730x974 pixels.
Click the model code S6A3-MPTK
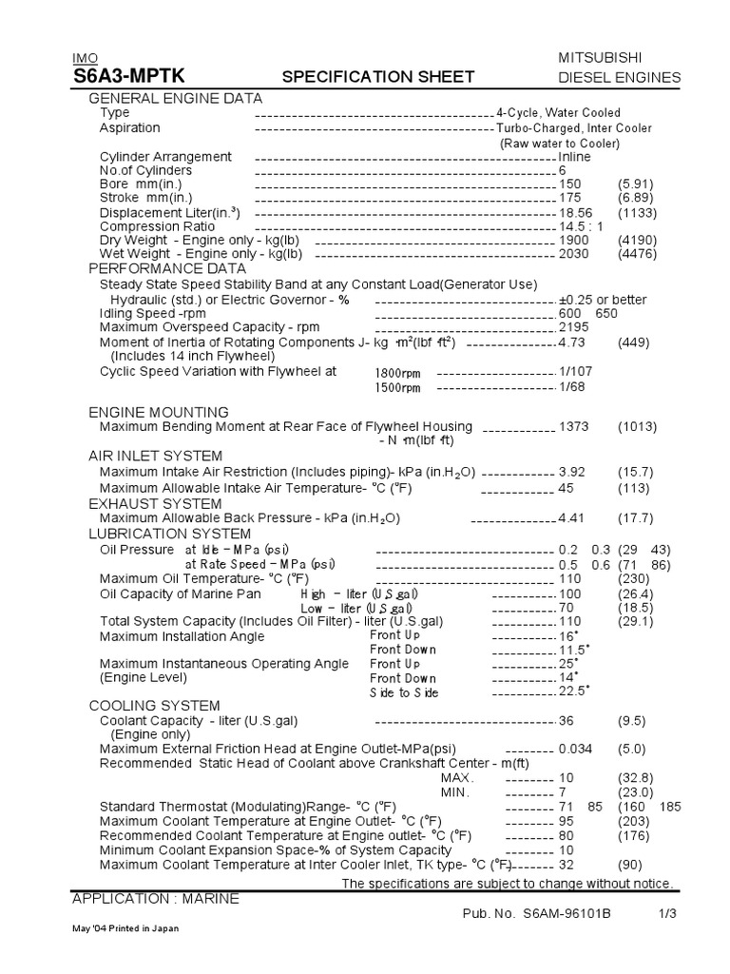(x=129, y=77)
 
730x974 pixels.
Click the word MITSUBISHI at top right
(x=620, y=58)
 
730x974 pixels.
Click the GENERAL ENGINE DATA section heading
(x=176, y=98)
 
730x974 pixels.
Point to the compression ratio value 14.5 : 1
(x=583, y=226)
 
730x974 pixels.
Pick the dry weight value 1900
(x=574, y=241)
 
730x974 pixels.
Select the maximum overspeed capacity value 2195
(x=574, y=327)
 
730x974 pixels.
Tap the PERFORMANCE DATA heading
(x=167, y=269)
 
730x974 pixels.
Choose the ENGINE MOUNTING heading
(x=159, y=412)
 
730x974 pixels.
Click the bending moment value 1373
(x=575, y=427)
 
